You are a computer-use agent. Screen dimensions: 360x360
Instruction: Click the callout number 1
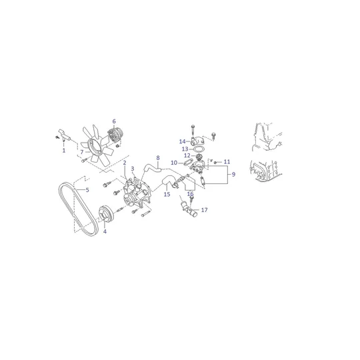tap(64, 151)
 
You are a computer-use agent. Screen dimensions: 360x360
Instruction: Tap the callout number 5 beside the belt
tap(87, 190)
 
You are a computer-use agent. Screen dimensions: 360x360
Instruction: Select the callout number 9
tap(233, 174)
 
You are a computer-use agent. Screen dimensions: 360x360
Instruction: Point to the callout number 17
tap(205, 210)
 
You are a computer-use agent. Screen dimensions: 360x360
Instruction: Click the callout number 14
tap(182, 141)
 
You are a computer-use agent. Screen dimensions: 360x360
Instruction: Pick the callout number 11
tap(227, 162)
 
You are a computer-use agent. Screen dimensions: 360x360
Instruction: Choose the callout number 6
tap(114, 121)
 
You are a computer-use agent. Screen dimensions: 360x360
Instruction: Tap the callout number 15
tap(167, 195)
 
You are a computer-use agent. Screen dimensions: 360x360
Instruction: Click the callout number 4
tap(105, 231)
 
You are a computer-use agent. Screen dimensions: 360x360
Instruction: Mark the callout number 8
tap(158, 158)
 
